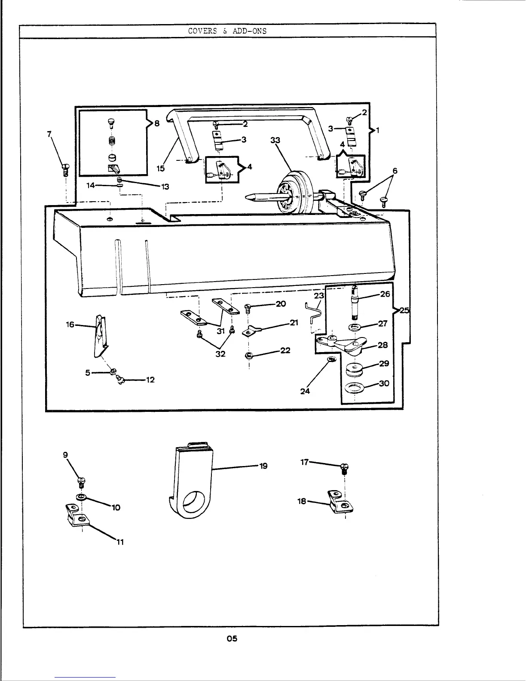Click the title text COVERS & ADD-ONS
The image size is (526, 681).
(x=227, y=31)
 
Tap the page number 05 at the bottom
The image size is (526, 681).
(x=232, y=638)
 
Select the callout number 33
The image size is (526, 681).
(x=275, y=140)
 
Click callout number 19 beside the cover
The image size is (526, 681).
(x=263, y=466)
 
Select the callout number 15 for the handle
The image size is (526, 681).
(x=160, y=169)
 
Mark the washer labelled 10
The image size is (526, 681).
(x=81, y=497)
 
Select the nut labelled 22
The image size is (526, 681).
(x=248, y=355)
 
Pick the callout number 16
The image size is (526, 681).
(x=70, y=325)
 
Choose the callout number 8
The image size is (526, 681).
(x=157, y=123)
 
